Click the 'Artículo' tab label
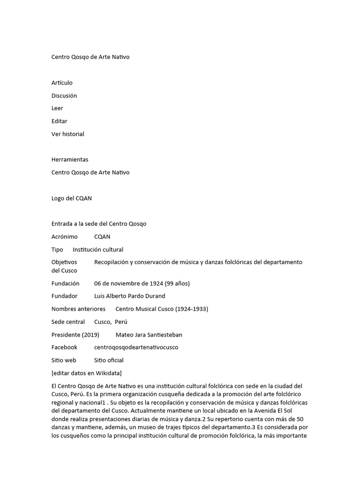tap(62, 83)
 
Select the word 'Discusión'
tap(64, 96)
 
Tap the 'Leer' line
tap(57, 108)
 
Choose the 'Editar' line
tap(60, 121)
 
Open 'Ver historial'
tap(68, 134)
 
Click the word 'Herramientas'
tap(70, 159)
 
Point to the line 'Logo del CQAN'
tap(72, 198)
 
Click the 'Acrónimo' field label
tap(64, 237)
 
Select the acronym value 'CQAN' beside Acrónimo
tap(102, 237)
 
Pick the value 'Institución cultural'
tap(98, 249)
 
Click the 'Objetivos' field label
tap(64, 262)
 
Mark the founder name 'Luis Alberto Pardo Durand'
tap(130, 296)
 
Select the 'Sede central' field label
tap(68, 322)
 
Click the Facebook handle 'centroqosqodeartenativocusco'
tap(136, 347)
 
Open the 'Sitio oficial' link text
tap(109, 360)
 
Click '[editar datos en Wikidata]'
tap(87, 373)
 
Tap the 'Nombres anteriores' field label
tap(78, 309)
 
